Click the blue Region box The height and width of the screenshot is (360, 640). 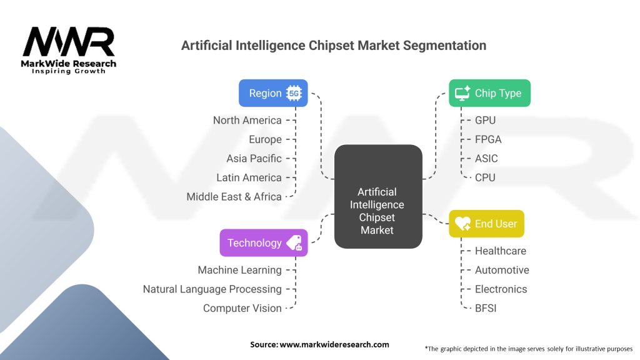[x=273, y=93]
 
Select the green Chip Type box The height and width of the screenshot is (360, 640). [x=489, y=93]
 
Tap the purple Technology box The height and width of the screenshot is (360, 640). [x=263, y=242]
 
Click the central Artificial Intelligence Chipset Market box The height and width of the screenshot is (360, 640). [x=377, y=196]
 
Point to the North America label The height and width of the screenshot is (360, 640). [x=247, y=120]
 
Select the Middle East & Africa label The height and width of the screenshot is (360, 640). [x=234, y=196]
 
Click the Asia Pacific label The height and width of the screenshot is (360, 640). [x=254, y=158]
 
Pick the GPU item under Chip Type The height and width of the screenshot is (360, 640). [x=485, y=120]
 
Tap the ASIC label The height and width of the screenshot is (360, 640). [x=486, y=158]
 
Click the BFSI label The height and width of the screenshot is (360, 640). [x=486, y=307]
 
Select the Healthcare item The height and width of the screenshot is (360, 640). [x=500, y=251]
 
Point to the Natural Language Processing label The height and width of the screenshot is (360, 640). [x=212, y=289]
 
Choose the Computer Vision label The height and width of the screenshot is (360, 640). [x=242, y=307]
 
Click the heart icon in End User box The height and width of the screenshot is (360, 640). [x=462, y=224]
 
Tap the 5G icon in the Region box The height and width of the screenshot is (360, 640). [x=294, y=94]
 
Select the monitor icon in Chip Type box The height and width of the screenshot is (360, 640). [x=462, y=93]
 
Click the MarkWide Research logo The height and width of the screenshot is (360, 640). [x=69, y=50]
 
